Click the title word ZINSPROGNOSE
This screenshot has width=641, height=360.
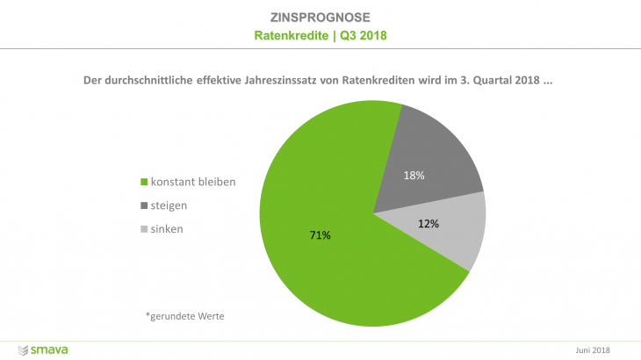click(320, 18)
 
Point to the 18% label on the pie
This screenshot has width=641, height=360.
click(414, 176)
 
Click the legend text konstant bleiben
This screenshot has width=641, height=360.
click(193, 183)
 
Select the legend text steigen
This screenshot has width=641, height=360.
click(170, 205)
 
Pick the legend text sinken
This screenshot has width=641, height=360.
click(168, 228)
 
